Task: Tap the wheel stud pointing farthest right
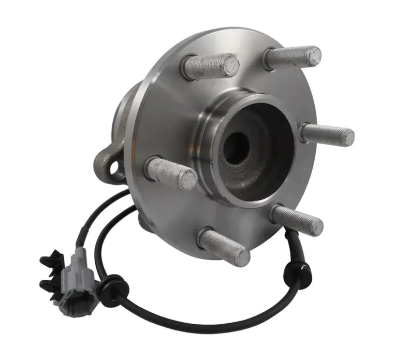(328, 134)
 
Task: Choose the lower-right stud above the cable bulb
(297, 220)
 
